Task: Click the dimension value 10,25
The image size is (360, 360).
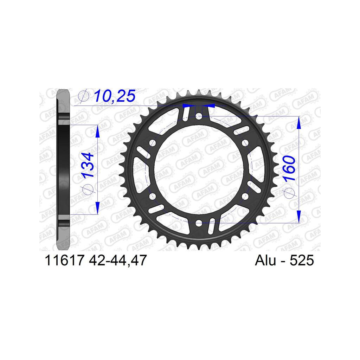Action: pyautogui.click(x=115, y=96)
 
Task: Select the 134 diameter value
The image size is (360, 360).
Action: pyautogui.click(x=88, y=165)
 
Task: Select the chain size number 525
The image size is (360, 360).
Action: pyautogui.click(x=302, y=261)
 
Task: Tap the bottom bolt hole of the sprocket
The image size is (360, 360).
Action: pyautogui.click(x=199, y=223)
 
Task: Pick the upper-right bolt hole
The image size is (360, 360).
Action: pyautogui.click(x=245, y=143)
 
